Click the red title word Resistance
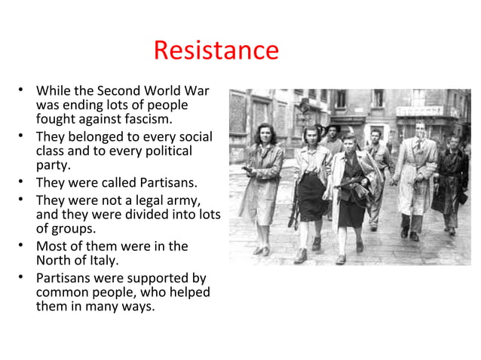click(216, 50)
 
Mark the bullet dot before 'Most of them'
click(22, 246)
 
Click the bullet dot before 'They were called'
click(22, 183)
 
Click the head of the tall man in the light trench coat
click(419, 129)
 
